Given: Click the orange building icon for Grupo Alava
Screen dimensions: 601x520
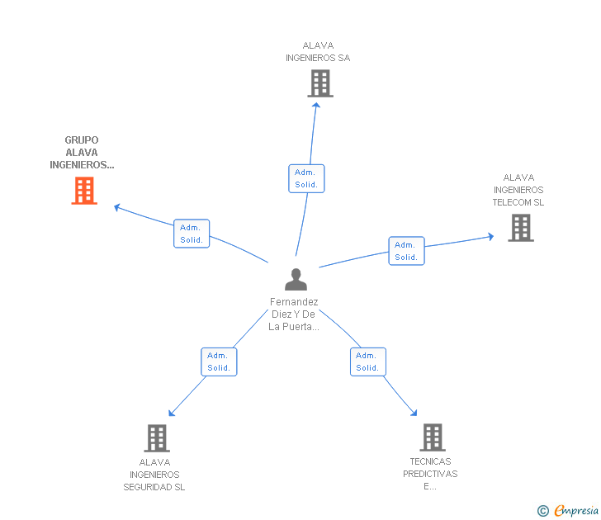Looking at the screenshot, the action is [84, 191].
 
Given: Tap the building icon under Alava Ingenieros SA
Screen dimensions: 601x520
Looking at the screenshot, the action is [320, 83].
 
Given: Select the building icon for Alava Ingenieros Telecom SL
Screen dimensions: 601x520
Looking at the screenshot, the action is [521, 228].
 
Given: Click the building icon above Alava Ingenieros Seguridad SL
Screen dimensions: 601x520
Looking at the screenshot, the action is [157, 438].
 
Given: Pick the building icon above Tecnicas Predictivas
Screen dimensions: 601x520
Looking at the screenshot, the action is [433, 437].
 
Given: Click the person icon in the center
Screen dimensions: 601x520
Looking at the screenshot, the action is [296, 279].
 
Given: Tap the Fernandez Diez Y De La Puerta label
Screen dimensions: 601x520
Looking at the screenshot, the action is [294, 314].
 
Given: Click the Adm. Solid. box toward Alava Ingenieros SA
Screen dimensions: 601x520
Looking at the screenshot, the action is [306, 178].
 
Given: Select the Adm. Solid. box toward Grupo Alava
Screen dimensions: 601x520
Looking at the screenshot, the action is [192, 234].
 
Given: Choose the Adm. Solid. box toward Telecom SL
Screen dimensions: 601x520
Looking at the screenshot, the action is [406, 251].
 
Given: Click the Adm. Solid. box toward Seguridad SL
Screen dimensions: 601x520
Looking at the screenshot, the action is [219, 362].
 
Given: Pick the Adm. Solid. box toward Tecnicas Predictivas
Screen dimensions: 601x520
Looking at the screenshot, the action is [368, 362].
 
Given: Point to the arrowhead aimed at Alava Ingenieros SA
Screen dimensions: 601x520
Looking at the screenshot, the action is [316, 106].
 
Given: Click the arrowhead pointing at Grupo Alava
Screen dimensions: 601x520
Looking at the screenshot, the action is [117, 207].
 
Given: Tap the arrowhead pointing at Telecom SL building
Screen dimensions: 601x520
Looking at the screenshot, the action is [490, 236].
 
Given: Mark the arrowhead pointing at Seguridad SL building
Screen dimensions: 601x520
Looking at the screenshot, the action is [172, 413].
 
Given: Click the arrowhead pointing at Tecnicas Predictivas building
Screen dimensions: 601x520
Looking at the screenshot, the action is [414, 413].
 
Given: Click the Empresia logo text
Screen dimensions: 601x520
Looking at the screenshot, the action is [576, 510].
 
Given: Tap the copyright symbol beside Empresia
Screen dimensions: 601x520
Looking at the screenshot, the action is [542, 511].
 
